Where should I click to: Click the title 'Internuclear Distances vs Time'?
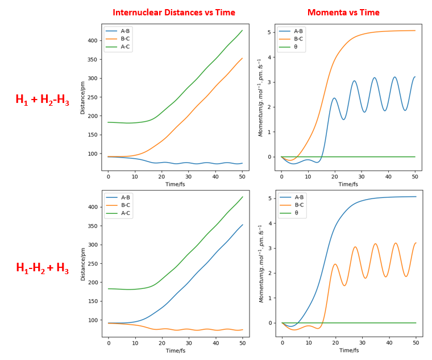coord(173,13)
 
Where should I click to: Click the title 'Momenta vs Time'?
coord(343,13)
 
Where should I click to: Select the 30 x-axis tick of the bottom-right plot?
coord(363,344)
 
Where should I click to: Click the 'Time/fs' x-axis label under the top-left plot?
coord(175,184)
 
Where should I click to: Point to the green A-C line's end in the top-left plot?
coord(242,30)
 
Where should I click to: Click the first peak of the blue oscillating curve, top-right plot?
coord(334,98)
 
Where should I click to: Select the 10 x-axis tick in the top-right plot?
coord(308,177)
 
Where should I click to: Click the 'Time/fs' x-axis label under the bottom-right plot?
coord(349,351)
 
